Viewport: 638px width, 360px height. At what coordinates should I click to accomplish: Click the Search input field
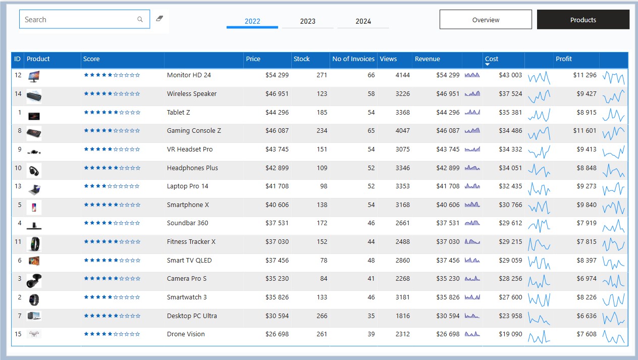84,19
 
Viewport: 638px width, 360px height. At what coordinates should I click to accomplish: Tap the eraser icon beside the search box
159,19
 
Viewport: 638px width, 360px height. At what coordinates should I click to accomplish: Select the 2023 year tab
307,21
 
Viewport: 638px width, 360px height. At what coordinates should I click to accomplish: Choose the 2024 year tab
363,21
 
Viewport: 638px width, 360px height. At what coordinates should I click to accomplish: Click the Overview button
486,20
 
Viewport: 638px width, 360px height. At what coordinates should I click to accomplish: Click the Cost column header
492,59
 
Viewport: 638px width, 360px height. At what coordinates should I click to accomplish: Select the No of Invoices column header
353,59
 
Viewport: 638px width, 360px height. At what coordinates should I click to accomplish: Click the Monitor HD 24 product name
189,75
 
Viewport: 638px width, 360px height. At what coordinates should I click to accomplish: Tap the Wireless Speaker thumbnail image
34,96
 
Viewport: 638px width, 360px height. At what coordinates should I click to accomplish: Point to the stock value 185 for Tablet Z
322,113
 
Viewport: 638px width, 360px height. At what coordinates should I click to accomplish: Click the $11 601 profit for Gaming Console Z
584,131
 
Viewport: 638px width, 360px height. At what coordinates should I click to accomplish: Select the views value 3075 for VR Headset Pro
402,149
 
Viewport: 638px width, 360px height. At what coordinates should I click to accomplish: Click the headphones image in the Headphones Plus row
34,171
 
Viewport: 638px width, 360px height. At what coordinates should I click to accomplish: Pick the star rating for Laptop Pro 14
112,186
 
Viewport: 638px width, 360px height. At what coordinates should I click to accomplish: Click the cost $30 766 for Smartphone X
510,205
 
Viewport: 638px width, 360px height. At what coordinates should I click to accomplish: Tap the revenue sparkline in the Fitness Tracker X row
472,242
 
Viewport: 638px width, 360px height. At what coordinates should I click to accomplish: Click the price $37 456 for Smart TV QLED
277,261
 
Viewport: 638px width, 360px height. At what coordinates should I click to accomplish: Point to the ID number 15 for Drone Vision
18,334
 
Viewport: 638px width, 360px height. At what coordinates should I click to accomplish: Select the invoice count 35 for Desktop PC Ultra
371,316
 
